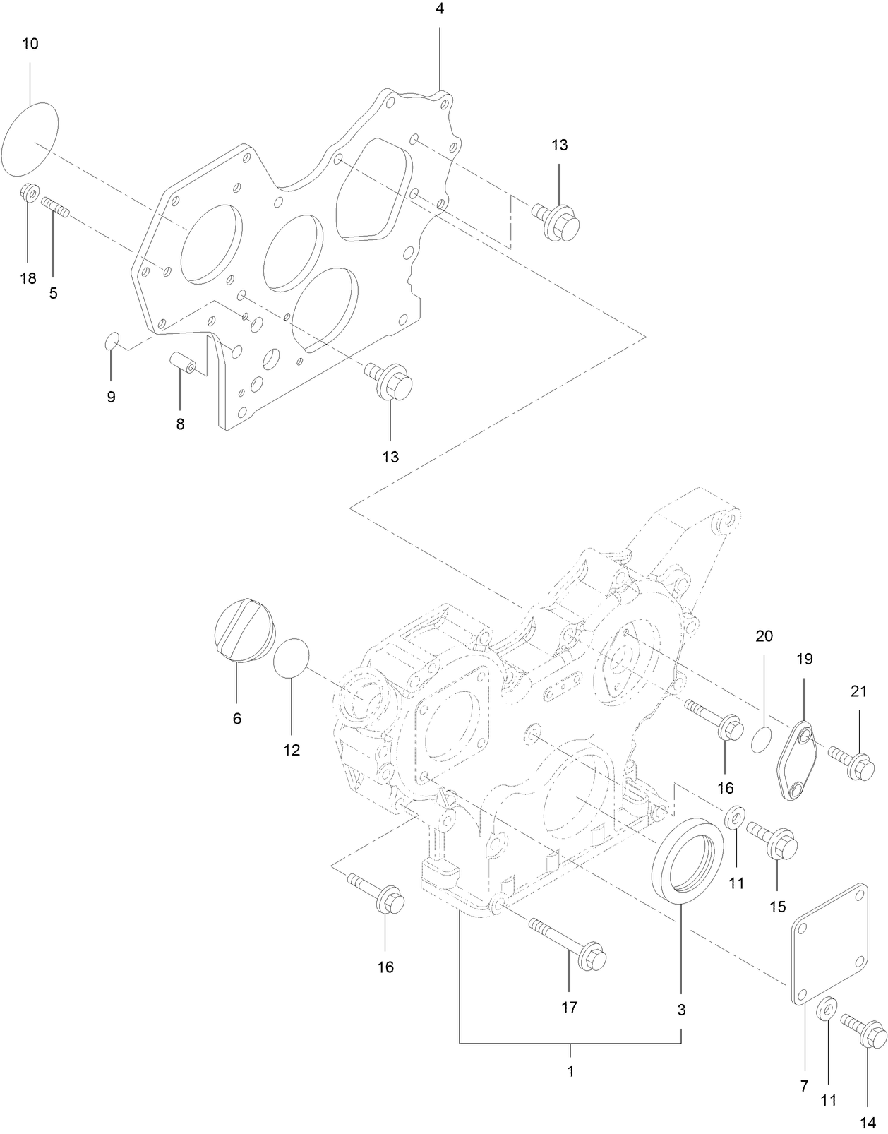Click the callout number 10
pos(30,44)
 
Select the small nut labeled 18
pos(29,191)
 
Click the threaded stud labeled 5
pos(54,206)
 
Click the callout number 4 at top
pos(440,9)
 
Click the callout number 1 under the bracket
pos(570,1070)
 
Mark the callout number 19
pos(805,659)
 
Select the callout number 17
pos(569,1008)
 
